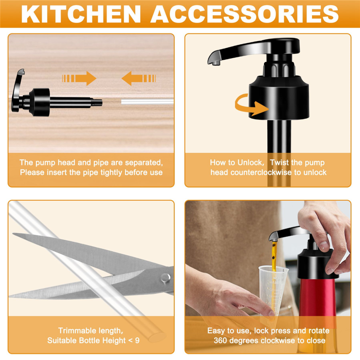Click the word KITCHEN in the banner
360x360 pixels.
[x=81, y=14]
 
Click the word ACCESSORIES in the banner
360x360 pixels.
[x=244, y=14]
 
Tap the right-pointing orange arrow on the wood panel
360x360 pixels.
[x=79, y=78]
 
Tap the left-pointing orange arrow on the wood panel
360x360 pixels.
[x=139, y=78]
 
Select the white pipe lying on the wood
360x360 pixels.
[x=147, y=101]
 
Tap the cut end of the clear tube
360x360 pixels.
[x=157, y=337]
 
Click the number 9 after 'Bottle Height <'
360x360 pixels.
[x=137, y=340]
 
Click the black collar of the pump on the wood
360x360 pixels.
[x=40, y=102]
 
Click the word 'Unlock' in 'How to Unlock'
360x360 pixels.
[x=251, y=163]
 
